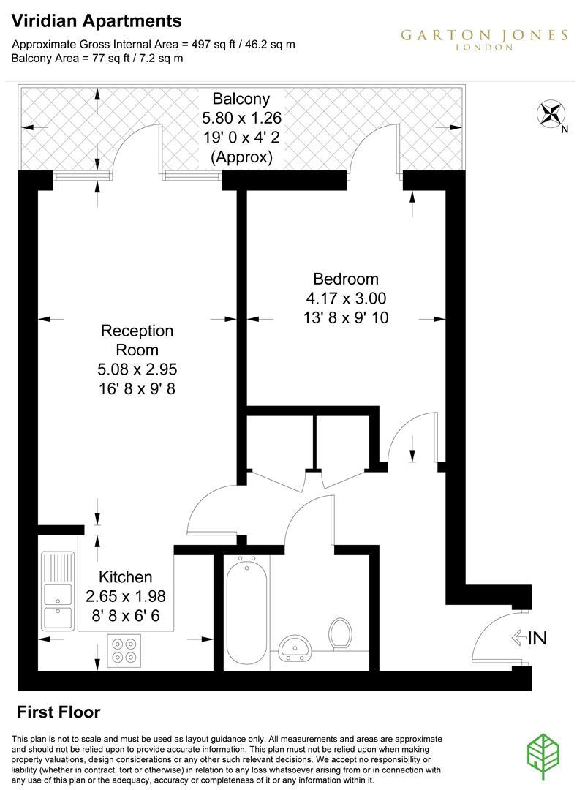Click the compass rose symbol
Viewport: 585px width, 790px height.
[x=551, y=114]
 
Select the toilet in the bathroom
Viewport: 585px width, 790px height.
[x=339, y=633]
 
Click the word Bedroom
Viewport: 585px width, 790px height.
[x=346, y=279]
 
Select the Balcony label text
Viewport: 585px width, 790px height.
[x=241, y=98]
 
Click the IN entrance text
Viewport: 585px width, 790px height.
[x=537, y=639]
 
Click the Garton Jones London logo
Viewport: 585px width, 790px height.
[x=483, y=39]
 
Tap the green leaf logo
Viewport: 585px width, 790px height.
[x=545, y=753]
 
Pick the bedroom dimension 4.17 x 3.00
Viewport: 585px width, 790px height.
[x=346, y=298]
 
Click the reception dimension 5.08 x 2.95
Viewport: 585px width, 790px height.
[x=137, y=369]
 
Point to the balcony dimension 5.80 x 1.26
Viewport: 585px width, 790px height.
[x=241, y=118]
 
